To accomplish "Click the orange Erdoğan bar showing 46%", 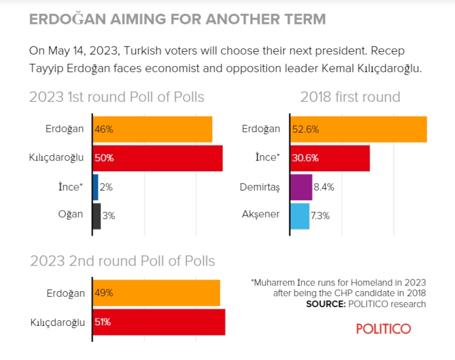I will coord(152,129).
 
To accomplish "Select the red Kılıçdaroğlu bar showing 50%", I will coord(158,158).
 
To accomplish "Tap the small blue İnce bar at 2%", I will coord(95,187).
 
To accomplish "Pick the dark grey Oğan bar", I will coord(97,215).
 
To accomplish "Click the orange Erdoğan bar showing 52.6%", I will coord(358,129).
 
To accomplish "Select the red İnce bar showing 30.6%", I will coord(330,158).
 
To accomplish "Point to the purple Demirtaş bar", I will coord(301,187).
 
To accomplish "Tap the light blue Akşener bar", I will coord(300,216).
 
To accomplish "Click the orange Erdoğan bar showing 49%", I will coord(156,293).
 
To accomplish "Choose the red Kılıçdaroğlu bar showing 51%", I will coord(159,322).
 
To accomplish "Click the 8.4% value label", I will coord(325,187).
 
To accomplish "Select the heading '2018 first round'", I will coord(350,97).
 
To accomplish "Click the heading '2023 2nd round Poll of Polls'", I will coord(122,261).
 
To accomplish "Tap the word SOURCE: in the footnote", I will coord(325,304).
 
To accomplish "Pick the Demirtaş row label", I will coord(260,187).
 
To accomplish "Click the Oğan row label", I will coord(71,215).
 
